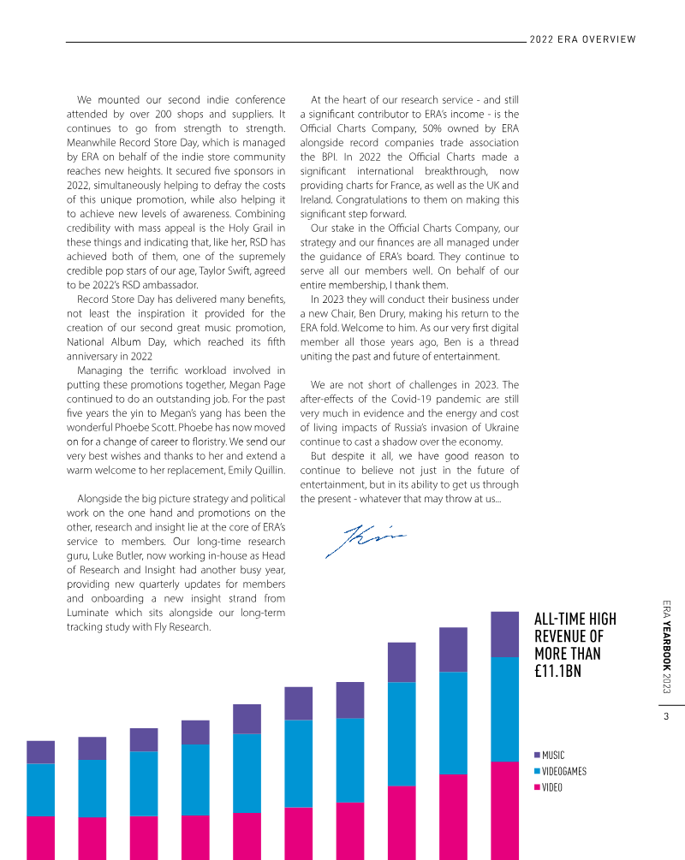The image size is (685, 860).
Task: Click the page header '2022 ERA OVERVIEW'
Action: tap(582, 39)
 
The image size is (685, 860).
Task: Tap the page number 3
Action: tap(665, 717)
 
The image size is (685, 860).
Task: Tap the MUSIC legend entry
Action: tap(552, 756)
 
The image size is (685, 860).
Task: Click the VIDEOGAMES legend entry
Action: tap(563, 771)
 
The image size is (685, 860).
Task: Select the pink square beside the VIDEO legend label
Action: tap(537, 787)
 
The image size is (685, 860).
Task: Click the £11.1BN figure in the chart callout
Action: tap(557, 672)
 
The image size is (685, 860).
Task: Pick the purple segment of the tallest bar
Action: tap(504, 633)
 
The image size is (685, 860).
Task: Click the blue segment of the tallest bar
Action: tap(504, 709)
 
